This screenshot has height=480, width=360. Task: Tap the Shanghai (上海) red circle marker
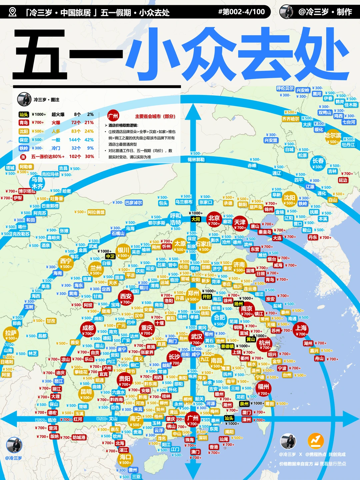301,330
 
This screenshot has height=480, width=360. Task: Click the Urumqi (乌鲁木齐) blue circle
37,183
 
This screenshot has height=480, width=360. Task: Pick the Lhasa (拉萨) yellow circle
11,335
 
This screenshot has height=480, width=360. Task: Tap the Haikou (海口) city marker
125,459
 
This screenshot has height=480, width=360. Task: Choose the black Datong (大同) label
196,219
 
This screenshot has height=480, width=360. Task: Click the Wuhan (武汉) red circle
196,339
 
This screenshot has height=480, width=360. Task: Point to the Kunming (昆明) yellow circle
86,394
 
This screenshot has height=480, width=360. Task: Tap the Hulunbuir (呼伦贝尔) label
285,89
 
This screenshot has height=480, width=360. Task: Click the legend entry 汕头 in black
24,114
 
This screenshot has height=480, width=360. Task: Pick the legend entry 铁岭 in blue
24,148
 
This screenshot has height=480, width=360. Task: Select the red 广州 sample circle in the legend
113,116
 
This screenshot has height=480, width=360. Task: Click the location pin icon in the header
13,12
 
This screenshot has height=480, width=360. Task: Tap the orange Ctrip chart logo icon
316,441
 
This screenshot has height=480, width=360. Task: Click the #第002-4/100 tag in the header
241,12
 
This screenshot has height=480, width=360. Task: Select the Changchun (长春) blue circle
318,163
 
